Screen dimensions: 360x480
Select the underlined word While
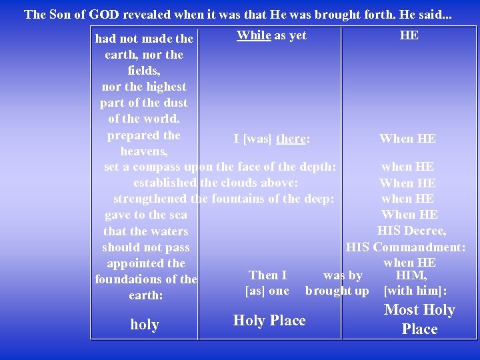(x=253, y=35)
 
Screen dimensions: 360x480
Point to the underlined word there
(x=291, y=139)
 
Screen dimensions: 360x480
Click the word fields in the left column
(x=143, y=70)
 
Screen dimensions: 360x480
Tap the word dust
(x=175, y=103)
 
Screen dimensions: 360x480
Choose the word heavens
(x=144, y=151)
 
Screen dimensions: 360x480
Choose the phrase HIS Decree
(x=411, y=231)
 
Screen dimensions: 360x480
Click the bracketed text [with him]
(x=415, y=291)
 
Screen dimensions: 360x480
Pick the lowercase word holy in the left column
(x=145, y=325)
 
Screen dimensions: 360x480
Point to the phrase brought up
(x=337, y=291)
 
